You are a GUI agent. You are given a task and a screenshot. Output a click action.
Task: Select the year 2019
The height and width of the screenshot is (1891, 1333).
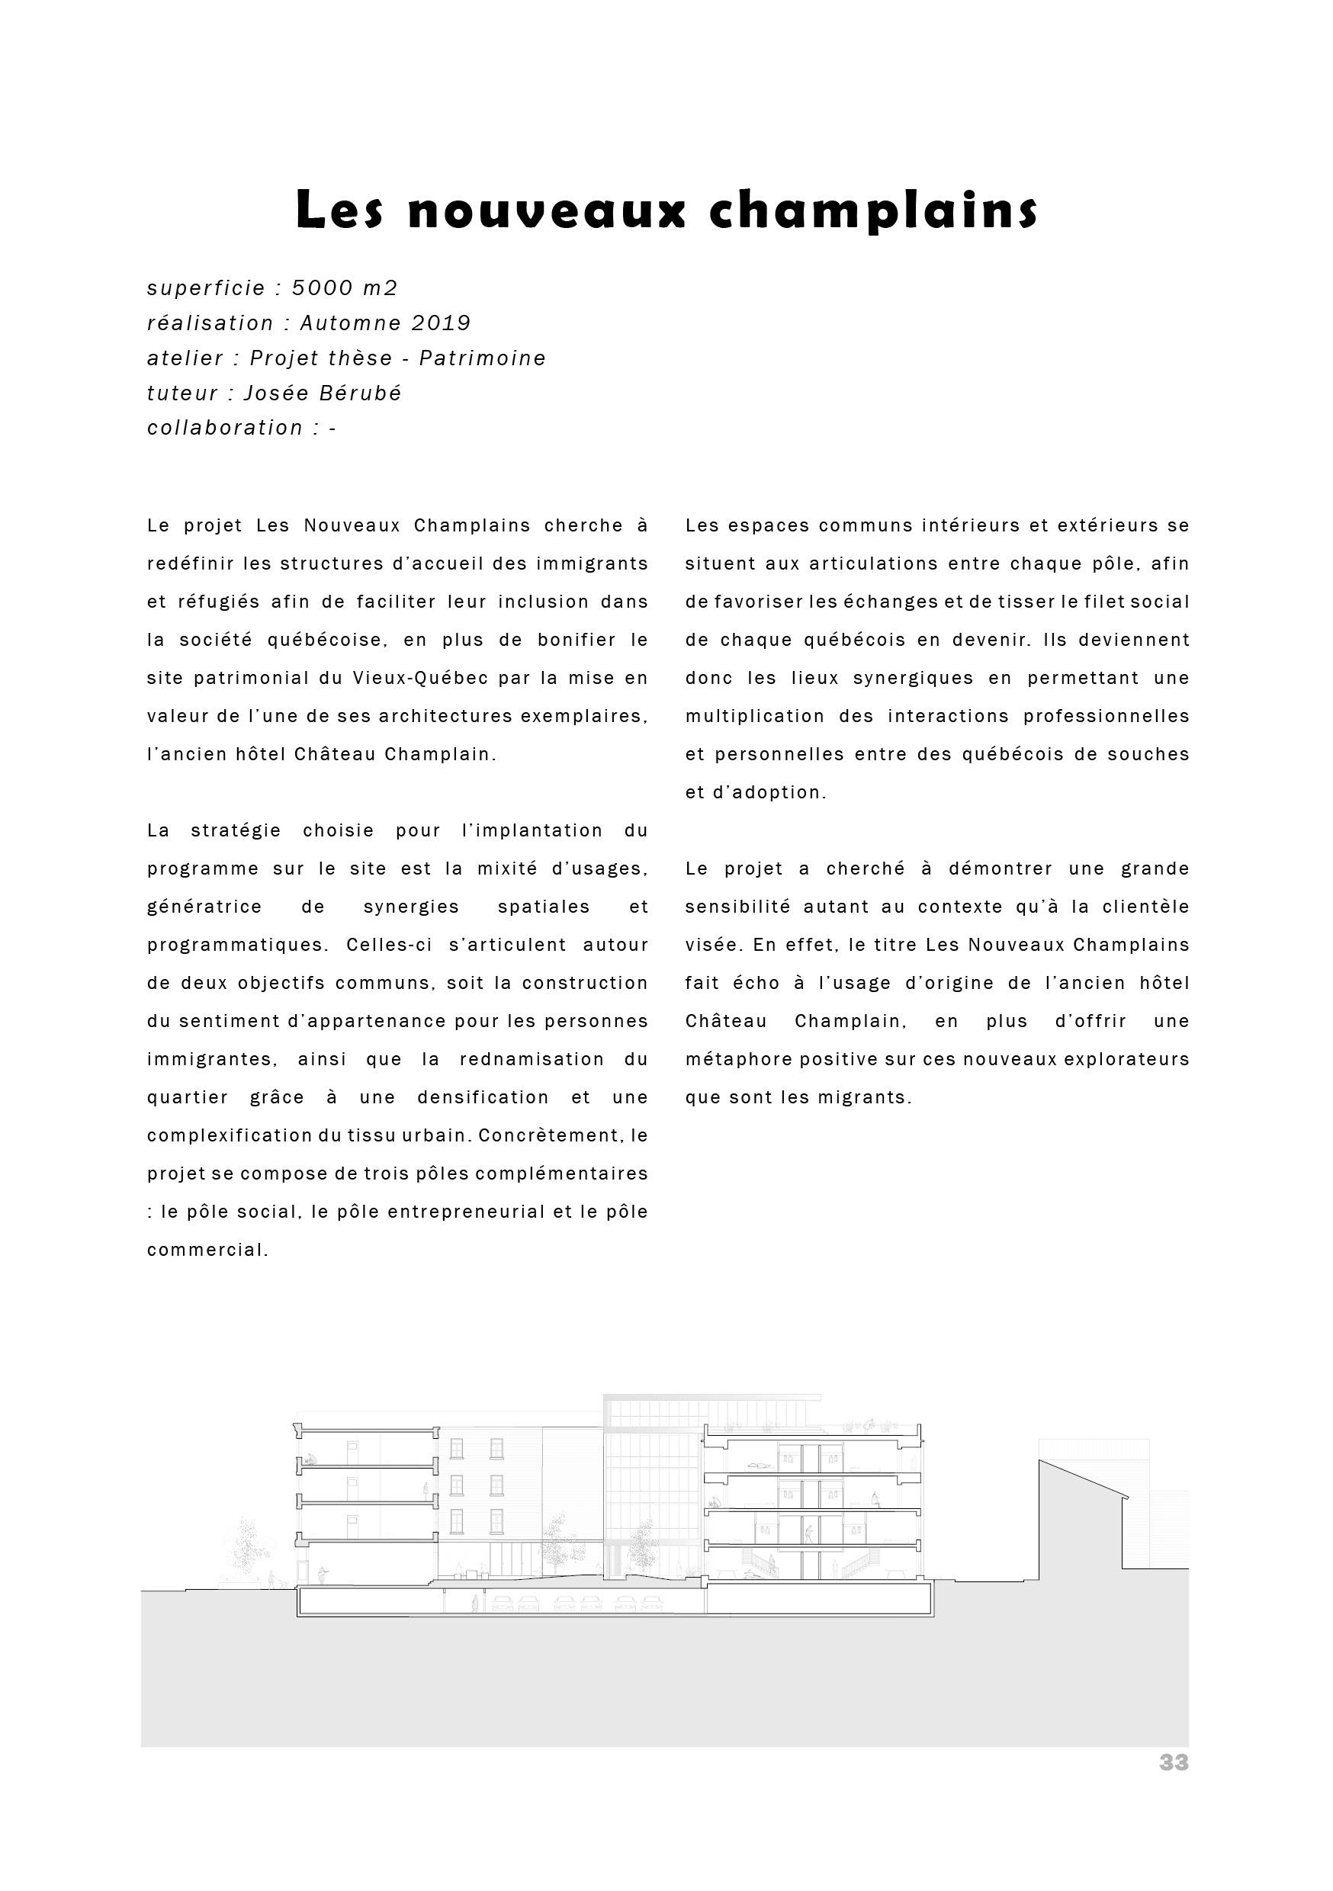click(441, 323)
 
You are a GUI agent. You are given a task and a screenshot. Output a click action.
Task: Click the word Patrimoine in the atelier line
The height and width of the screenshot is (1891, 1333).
click(483, 358)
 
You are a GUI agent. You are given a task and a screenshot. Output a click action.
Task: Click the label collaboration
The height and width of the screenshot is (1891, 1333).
click(225, 428)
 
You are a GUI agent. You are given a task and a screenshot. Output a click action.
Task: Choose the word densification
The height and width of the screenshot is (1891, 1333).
click(483, 1097)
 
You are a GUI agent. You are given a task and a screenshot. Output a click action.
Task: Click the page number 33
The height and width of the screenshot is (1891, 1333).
click(1173, 1786)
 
